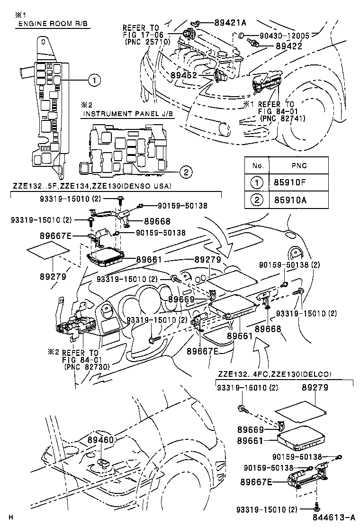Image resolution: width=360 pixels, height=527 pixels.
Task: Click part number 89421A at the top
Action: (230, 22)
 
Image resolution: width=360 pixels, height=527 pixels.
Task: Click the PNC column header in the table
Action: (299, 165)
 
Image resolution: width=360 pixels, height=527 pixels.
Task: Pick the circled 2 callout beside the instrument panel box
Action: (186, 172)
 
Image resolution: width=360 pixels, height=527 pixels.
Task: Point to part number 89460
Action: (100, 440)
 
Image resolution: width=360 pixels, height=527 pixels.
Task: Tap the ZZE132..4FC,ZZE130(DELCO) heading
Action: (275, 374)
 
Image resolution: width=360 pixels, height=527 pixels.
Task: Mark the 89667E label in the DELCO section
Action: (256, 482)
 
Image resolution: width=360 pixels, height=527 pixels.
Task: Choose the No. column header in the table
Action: (257, 165)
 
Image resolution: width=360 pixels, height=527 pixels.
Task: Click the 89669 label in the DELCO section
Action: (252, 429)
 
